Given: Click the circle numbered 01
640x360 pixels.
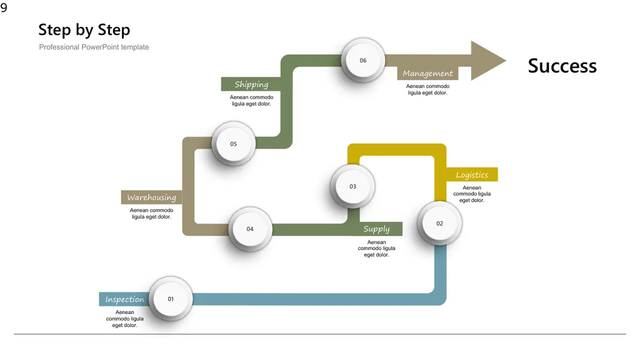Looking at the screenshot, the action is coord(171,299).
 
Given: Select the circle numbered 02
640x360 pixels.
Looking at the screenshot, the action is coord(439,223).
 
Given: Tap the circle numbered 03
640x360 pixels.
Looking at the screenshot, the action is coord(353,186).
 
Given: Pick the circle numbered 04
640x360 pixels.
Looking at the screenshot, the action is coord(250,229).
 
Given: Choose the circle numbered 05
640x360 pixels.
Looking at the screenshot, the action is coord(234,143).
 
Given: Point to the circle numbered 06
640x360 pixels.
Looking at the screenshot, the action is coord(363,60).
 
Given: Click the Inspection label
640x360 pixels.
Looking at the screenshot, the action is coord(125,299).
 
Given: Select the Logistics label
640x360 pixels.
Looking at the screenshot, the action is coord(471,175).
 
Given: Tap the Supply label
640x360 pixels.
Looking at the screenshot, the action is coord(377,229).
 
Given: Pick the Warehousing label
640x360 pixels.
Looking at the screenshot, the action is coord(151,197).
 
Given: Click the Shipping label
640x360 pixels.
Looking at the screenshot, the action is coord(251,84).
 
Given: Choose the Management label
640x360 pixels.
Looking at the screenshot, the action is coord(428,74).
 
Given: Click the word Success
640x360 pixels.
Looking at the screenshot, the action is coord(562,66).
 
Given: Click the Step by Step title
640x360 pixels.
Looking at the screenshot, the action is coord(84,30).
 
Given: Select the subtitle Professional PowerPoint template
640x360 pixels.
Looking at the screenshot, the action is coord(94,47).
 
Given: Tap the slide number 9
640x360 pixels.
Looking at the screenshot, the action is coord(4,7).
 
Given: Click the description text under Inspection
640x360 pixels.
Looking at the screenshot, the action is coord(125,318).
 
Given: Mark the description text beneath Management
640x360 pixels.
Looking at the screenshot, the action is coord(428,90).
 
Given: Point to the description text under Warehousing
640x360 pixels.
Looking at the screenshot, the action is coord(151,213).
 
